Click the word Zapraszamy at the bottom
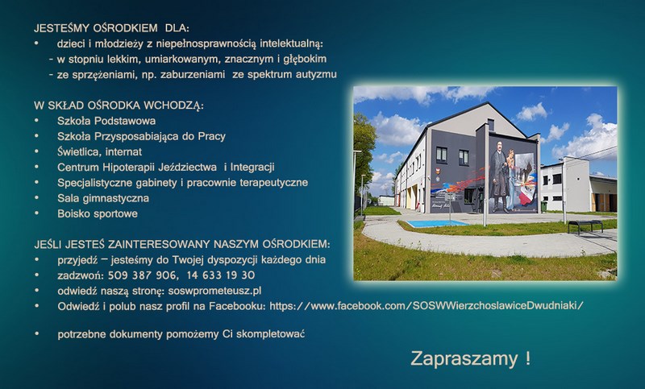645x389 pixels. (x=464, y=358)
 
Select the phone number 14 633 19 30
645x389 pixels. (x=221, y=275)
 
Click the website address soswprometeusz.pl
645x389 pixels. (x=214, y=292)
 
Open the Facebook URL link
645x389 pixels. (x=427, y=306)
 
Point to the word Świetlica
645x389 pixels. (x=79, y=152)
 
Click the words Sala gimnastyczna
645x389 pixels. (x=103, y=198)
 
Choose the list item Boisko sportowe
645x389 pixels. (x=98, y=213)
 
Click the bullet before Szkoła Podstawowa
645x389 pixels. (x=36, y=121)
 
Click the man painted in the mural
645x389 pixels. (x=500, y=176)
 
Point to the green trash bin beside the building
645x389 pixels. (x=543, y=207)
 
